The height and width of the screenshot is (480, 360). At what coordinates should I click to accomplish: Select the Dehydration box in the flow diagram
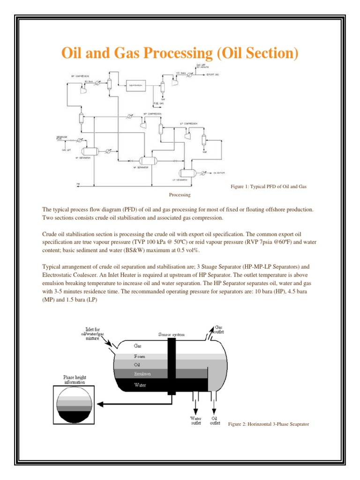[x=135, y=85]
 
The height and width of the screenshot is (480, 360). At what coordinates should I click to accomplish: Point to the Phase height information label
[x=75, y=380]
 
